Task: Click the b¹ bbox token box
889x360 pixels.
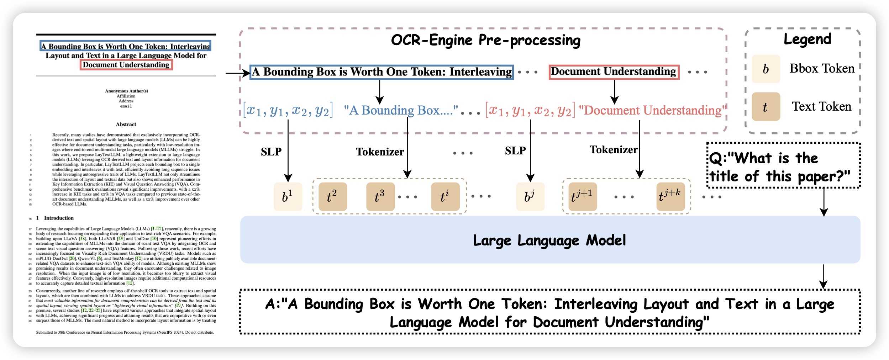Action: [x=288, y=196]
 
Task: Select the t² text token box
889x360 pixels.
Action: [x=332, y=196]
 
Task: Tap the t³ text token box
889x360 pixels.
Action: [x=380, y=196]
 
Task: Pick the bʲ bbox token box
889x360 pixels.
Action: [x=530, y=196]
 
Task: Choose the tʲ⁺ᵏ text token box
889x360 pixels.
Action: [x=670, y=196]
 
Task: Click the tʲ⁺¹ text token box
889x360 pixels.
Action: [x=583, y=196]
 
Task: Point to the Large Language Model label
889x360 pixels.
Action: [x=549, y=240]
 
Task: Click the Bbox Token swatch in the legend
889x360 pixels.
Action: [x=766, y=69]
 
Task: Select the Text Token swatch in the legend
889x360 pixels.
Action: [x=766, y=107]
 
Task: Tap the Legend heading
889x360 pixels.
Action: [x=807, y=39]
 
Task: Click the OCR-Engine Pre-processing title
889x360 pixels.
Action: [x=485, y=40]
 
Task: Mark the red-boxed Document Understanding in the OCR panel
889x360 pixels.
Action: [x=614, y=72]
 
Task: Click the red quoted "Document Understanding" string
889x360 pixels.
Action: [x=652, y=110]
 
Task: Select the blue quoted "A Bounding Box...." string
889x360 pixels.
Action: [x=401, y=110]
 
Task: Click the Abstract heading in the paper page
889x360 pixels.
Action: [x=126, y=125]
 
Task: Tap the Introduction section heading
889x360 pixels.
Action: [x=59, y=218]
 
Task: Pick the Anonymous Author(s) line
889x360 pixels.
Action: [x=126, y=91]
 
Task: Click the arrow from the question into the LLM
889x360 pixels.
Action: [x=824, y=202]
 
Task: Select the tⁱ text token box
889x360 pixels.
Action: [x=445, y=196]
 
